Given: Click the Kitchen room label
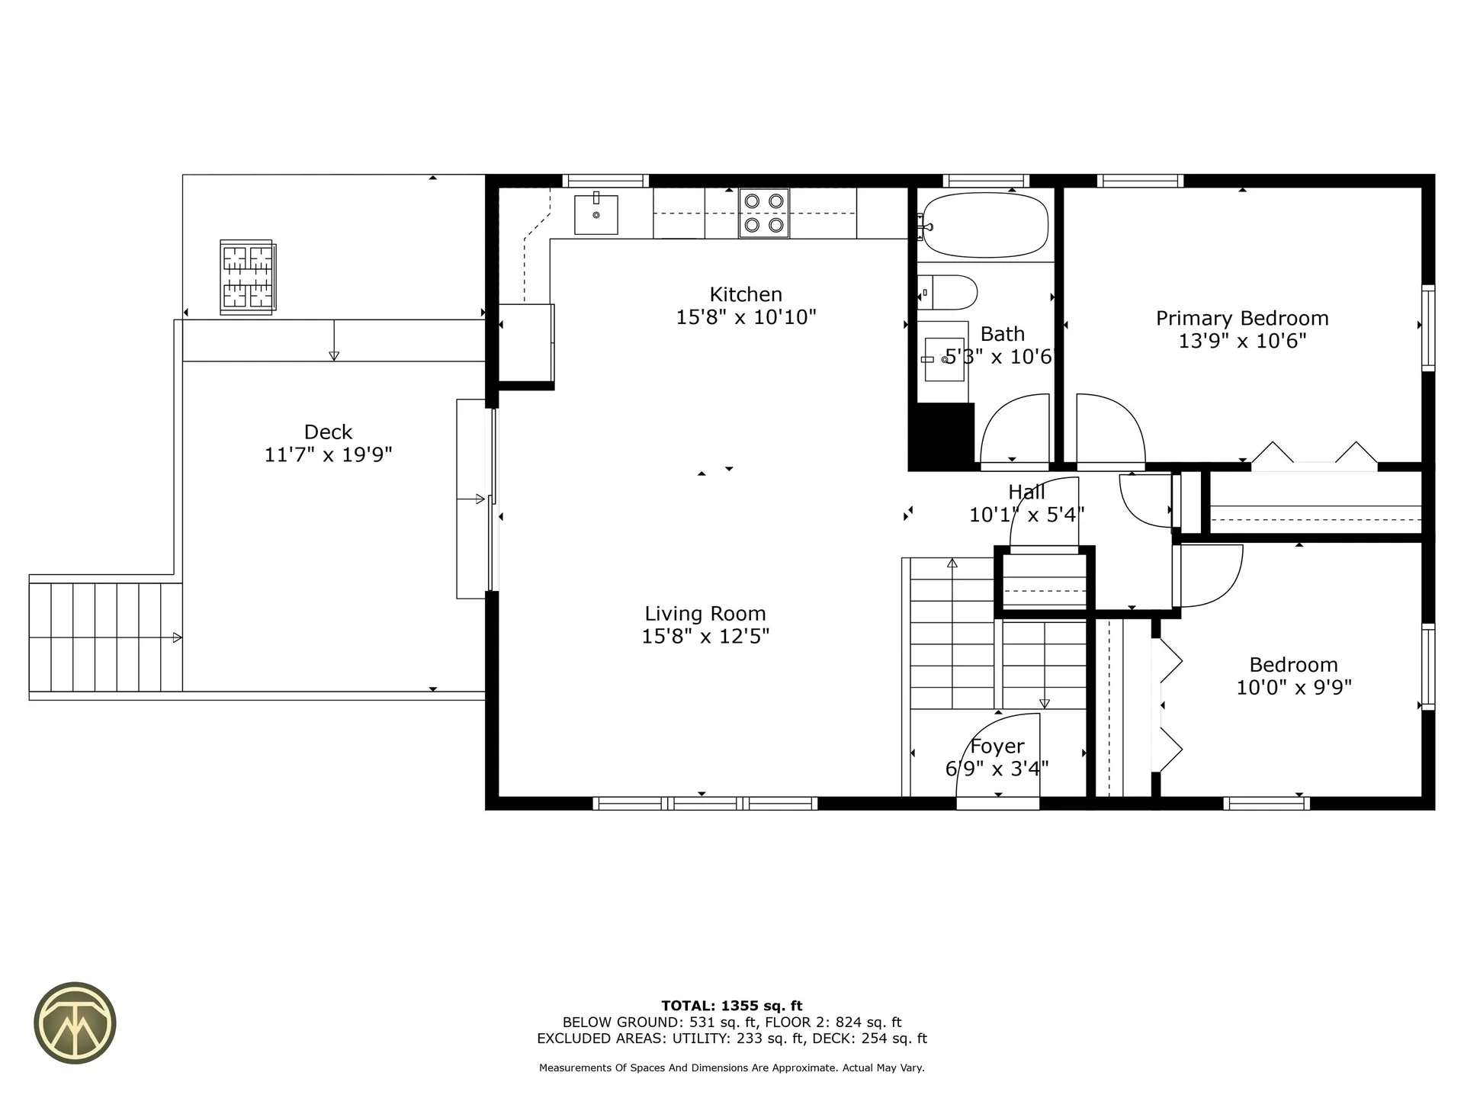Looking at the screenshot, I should [x=746, y=294].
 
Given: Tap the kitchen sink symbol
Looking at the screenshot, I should [x=596, y=214].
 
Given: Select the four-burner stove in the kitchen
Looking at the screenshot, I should [x=763, y=213].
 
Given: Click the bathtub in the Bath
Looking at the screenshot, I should [x=984, y=224].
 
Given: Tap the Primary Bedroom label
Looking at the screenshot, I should [x=1241, y=318].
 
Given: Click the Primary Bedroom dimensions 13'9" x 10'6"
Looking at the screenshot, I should [x=1241, y=341].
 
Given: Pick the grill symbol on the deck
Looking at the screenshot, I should [x=248, y=277].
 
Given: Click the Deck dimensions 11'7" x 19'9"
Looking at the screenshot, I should [x=328, y=455].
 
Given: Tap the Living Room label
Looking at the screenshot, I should [x=705, y=613].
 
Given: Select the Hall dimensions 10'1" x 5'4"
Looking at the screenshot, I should [x=1026, y=515].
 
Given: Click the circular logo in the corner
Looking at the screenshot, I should [x=75, y=1022].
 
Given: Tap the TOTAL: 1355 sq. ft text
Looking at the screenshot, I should [x=731, y=1006].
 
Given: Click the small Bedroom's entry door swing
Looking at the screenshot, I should [x=1209, y=576].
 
